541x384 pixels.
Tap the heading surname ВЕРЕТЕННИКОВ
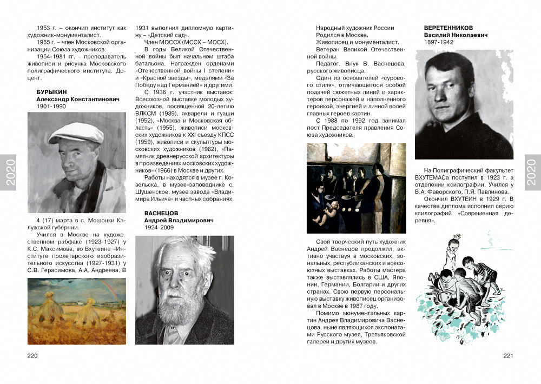pos(448,28)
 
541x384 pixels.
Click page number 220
pos(32,355)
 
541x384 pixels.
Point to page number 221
pos(507,355)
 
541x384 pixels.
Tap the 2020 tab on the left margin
pos(9,173)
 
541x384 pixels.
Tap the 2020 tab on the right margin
pos(532,173)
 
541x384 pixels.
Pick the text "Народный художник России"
pos(355,28)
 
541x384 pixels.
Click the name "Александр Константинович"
pos(78,100)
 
